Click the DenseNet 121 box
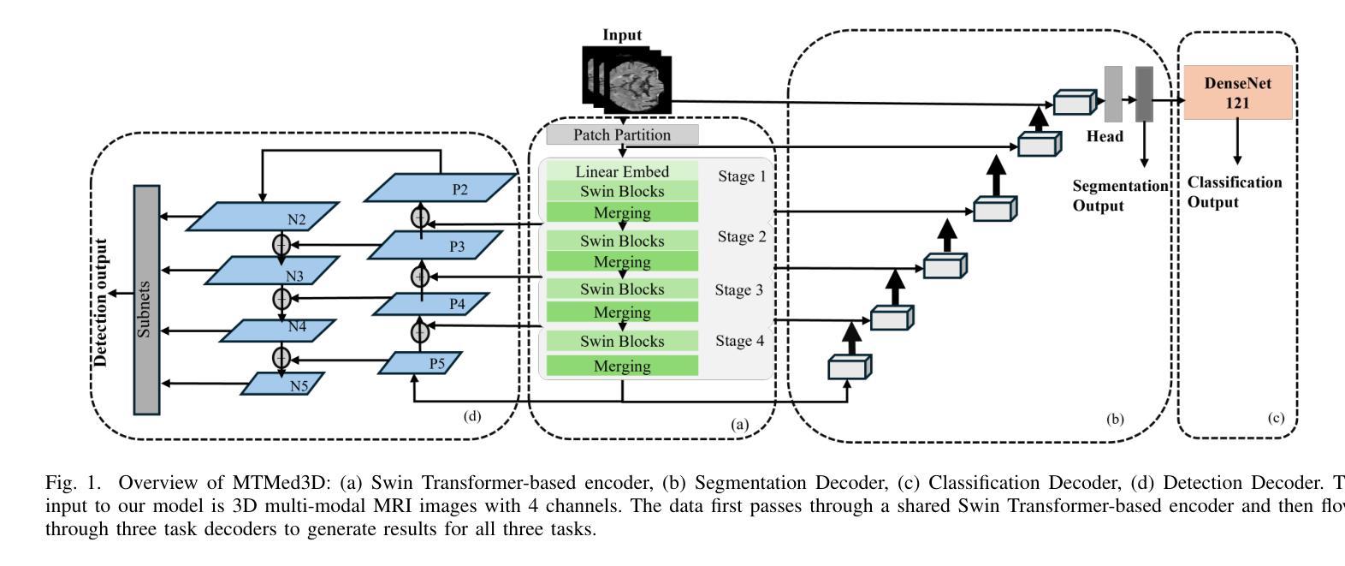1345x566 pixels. (x=1237, y=92)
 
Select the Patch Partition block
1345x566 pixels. (x=622, y=135)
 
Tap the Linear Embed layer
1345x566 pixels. (x=622, y=171)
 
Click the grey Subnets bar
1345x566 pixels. (x=146, y=300)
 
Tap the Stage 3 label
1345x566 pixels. (x=739, y=290)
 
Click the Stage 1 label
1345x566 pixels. (x=741, y=176)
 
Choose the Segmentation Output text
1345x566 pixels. (x=1119, y=196)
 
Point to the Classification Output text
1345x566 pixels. (x=1234, y=193)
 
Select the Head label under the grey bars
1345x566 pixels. (x=1105, y=136)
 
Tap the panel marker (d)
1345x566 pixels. (x=471, y=416)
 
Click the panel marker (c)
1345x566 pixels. (x=1275, y=418)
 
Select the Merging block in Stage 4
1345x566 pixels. (x=622, y=366)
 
